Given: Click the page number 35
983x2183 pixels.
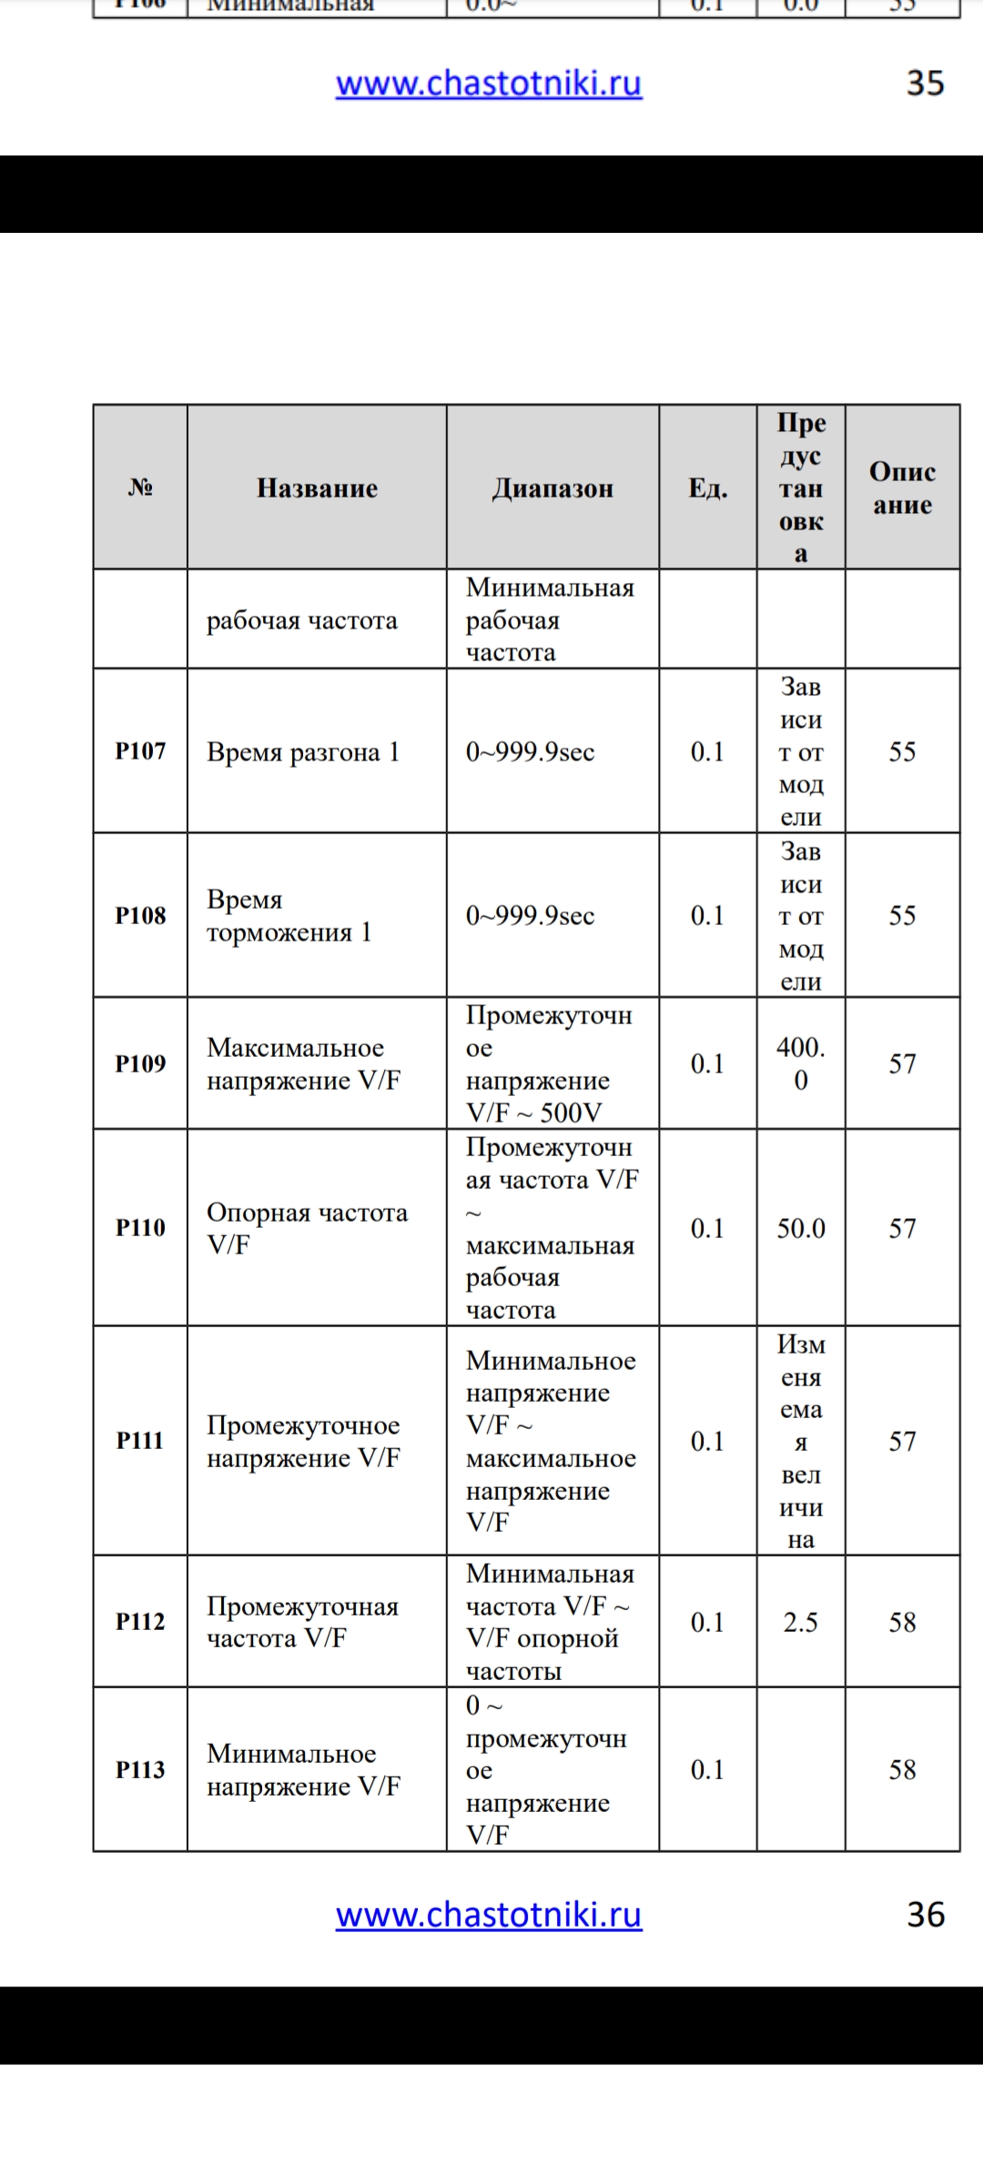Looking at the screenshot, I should tap(925, 84).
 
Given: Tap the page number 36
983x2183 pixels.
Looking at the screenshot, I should tap(926, 1915).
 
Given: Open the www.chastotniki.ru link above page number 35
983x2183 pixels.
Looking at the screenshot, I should tap(489, 84).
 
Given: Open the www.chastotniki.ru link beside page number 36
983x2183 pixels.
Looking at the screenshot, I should tap(489, 1915).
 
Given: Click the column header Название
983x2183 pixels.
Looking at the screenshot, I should tap(317, 488).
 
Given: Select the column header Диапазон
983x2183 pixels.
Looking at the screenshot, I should tap(552, 488).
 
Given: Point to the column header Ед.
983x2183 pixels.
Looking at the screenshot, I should tap(707, 488).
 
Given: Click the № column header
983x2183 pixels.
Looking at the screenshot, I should tap(140, 488).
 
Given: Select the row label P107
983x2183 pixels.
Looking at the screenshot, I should tap(140, 751).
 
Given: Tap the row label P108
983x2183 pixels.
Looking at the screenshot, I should tap(140, 915).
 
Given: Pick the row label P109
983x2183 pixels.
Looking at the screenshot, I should tap(140, 1063).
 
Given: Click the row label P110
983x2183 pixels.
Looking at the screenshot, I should tap(140, 1228).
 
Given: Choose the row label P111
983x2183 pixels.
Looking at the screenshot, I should tap(140, 1441).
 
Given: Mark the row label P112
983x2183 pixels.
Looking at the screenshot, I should tap(140, 1622).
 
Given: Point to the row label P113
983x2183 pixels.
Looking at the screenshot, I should tap(140, 1769).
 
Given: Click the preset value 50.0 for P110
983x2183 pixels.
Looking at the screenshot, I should tap(801, 1228).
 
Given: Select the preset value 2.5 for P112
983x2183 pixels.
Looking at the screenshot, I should tap(801, 1622).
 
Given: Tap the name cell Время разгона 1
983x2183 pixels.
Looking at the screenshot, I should tap(303, 752).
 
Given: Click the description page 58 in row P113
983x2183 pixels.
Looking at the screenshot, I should tap(902, 1769).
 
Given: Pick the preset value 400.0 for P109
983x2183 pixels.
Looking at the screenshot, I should tap(801, 1063).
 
